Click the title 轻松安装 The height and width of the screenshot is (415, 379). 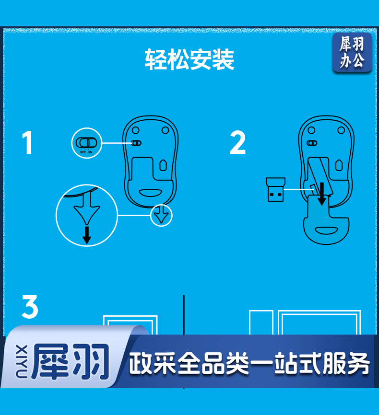pyautogui.click(x=189, y=59)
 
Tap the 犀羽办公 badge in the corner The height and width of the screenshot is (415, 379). pyautogui.click(x=352, y=52)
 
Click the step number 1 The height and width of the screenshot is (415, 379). pyautogui.click(x=27, y=142)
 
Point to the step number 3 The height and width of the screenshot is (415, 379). pyautogui.click(x=30, y=307)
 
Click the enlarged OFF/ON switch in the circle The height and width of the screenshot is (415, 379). pyautogui.click(x=86, y=143)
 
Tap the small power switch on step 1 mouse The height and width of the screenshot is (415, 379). pyautogui.click(x=137, y=143)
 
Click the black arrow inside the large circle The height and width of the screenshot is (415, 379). pyautogui.click(x=87, y=235)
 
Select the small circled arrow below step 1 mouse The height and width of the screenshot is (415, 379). pyautogui.click(x=161, y=215)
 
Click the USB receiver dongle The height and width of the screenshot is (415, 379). pyautogui.click(x=275, y=189)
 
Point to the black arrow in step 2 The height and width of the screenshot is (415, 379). pyautogui.click(x=322, y=194)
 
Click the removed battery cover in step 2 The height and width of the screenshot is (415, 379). pyautogui.click(x=326, y=219)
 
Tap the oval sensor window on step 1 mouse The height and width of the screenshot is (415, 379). pyautogui.click(x=163, y=165)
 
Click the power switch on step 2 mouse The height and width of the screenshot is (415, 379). pyautogui.click(x=312, y=143)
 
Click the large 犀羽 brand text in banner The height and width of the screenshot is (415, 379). pyautogui.click(x=71, y=361)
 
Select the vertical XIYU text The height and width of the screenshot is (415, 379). pyautogui.click(x=22, y=361)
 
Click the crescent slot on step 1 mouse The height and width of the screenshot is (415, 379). pyautogui.click(x=151, y=193)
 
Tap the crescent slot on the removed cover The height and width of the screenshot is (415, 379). pyautogui.click(x=326, y=231)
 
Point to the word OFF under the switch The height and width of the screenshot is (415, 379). pyautogui.click(x=83, y=152)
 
